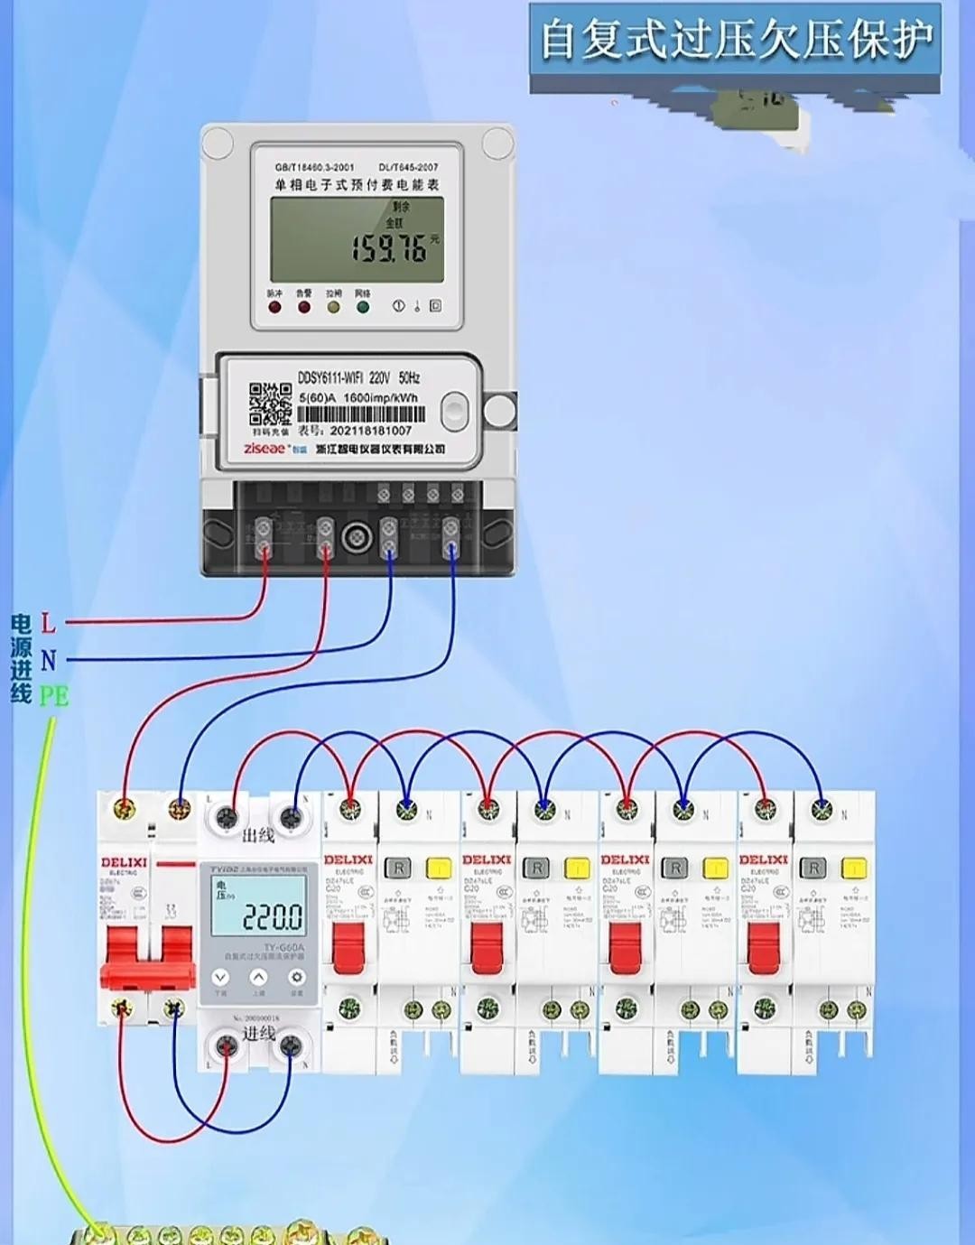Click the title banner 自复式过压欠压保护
735,41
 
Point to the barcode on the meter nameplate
361,414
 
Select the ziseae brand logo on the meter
265,449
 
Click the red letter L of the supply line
48,622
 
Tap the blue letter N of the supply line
48,660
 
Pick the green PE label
53,696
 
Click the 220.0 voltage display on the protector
272,918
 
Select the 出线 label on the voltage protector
258,835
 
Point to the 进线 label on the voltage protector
258,1033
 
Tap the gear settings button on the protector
296,978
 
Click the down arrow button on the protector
220,978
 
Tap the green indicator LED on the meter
363,307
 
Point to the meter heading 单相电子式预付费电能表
357,184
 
